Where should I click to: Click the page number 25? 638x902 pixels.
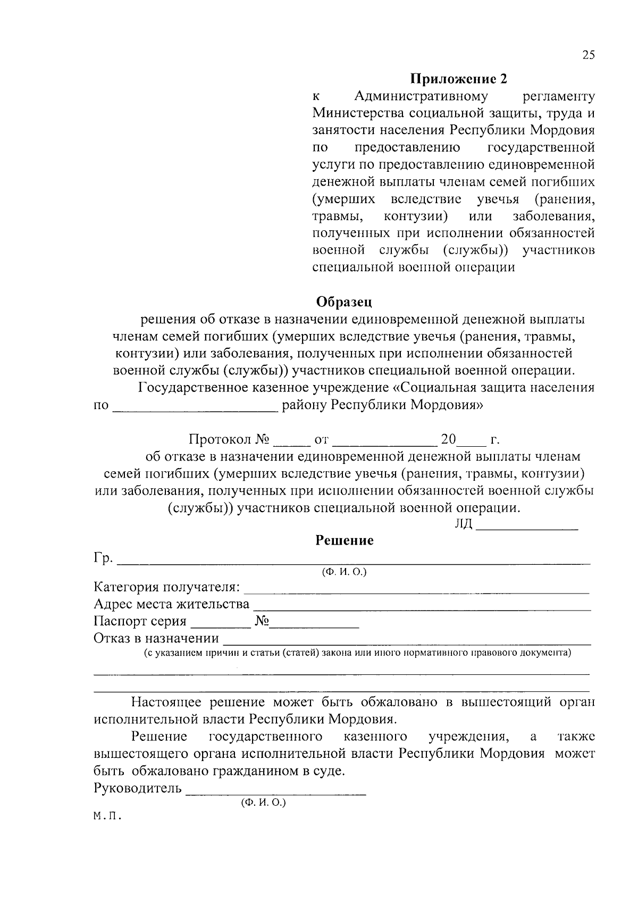pyautogui.click(x=588, y=55)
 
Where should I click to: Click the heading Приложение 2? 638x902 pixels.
pyautogui.click(x=458, y=79)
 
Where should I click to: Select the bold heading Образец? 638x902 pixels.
pyautogui.click(x=344, y=302)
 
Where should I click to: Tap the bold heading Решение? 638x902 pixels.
pyautogui.click(x=345, y=541)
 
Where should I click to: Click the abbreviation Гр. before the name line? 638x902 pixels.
pyautogui.click(x=103, y=558)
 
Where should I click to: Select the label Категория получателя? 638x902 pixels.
pyautogui.click(x=167, y=588)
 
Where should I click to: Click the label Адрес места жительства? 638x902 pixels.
pyautogui.click(x=171, y=605)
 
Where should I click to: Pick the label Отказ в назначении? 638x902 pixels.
pyautogui.click(x=156, y=638)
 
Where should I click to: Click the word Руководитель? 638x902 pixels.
pyautogui.click(x=137, y=788)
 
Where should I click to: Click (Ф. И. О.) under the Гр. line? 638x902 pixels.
pyautogui.click(x=344, y=572)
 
